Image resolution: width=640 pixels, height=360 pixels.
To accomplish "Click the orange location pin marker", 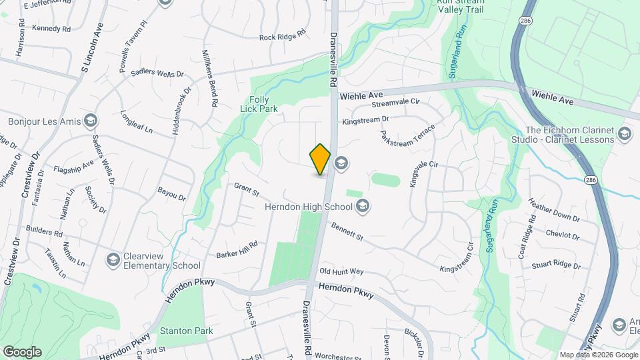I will (320, 159).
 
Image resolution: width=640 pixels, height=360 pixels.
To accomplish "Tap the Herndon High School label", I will (309, 207).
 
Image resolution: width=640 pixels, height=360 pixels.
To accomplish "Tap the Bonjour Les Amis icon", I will (91, 121).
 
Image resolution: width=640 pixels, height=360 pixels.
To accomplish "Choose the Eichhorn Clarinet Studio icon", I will (625, 134).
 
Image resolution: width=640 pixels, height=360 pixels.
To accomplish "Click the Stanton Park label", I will (185, 331).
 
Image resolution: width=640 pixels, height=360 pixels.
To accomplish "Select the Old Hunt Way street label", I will (341, 271).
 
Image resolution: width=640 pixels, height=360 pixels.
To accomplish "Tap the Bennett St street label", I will (346, 232).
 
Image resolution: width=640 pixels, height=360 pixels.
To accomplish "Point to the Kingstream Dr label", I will (365, 121).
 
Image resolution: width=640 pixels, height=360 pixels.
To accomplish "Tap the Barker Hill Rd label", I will (237, 250).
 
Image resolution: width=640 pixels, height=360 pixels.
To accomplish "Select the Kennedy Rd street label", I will (51, 29).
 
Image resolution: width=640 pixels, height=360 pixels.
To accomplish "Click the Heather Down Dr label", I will (554, 209).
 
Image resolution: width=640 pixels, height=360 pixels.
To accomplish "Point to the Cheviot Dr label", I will (562, 235).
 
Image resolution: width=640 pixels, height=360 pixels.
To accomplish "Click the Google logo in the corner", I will (22, 351).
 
